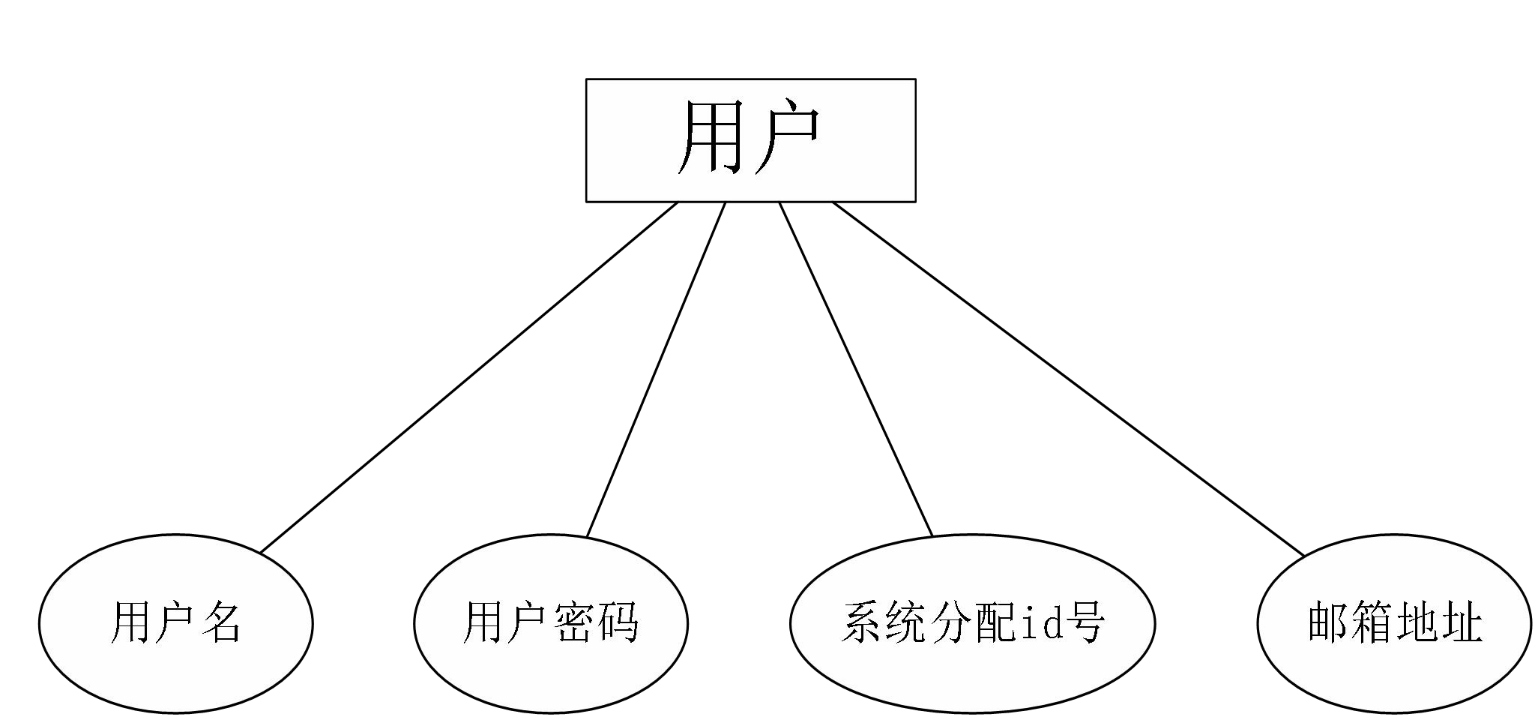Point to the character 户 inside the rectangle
[x=787, y=139]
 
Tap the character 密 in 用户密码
[x=573, y=622]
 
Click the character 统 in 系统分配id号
[x=906, y=622]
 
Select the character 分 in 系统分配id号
[x=950, y=622]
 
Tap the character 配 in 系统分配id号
[x=995, y=622]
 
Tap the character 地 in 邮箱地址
[x=1417, y=622]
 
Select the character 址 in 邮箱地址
[x=1462, y=622]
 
